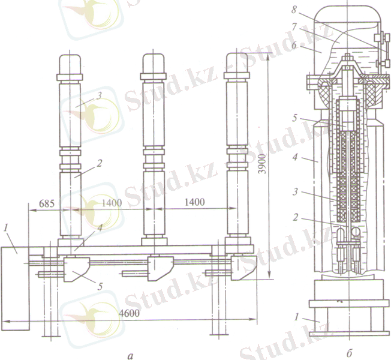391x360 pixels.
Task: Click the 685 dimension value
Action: coord(47,203)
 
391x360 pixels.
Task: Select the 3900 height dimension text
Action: coord(262,164)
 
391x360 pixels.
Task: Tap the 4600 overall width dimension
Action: coord(129,313)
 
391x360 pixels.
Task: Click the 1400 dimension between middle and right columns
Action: coord(195,202)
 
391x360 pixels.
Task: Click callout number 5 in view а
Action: coord(100,286)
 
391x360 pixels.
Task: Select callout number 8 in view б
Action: coord(294,10)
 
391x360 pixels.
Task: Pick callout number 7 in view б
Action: coord(294,26)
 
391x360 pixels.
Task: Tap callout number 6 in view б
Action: coord(294,46)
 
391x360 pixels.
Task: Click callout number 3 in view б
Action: coord(296,192)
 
